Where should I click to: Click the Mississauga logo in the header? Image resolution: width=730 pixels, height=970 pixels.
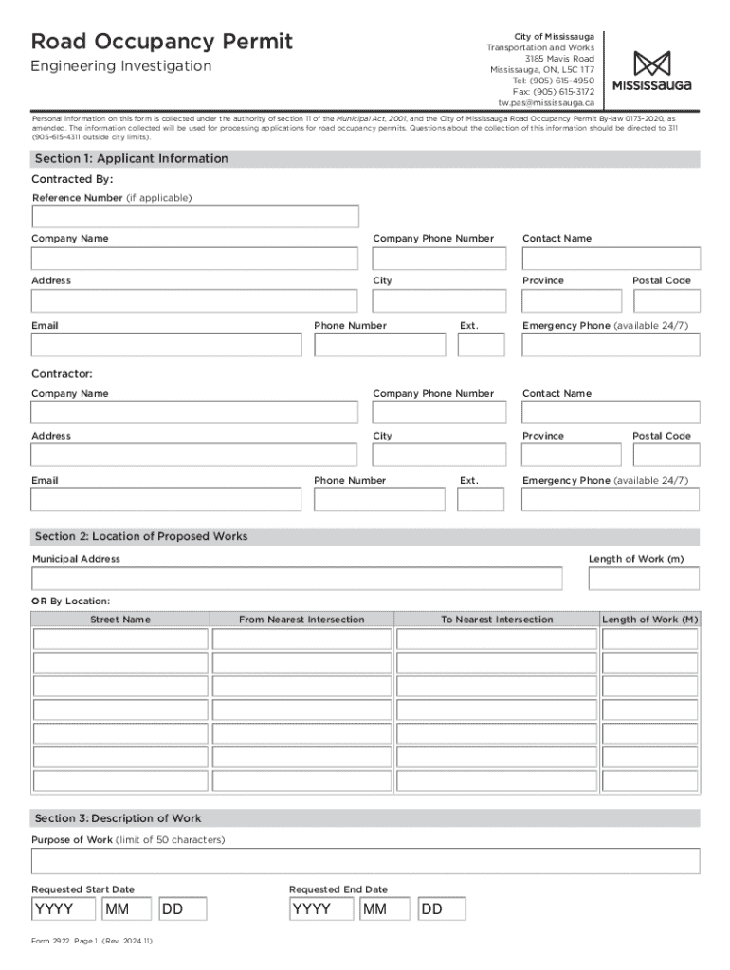(651, 71)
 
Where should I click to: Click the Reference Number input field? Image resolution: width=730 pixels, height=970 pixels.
(195, 217)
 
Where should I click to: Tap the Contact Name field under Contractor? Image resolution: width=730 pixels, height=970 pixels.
(611, 412)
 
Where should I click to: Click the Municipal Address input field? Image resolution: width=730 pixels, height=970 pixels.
(297, 579)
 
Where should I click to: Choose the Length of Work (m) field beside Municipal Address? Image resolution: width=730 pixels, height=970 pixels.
(643, 579)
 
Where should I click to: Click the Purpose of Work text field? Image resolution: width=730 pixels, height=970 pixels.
(365, 861)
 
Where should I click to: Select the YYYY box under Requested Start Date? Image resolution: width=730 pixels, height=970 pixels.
(64, 910)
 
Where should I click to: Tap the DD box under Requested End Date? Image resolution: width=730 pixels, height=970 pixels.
(442, 910)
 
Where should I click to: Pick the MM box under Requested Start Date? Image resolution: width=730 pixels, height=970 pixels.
(127, 910)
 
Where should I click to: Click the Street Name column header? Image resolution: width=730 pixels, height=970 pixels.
(120, 620)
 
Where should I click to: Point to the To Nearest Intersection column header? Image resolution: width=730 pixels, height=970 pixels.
(497, 620)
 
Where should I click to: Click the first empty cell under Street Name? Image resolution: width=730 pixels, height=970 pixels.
(120, 639)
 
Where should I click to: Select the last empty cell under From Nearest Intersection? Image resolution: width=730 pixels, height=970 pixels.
(301, 781)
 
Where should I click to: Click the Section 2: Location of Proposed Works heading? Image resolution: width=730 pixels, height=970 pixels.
(141, 537)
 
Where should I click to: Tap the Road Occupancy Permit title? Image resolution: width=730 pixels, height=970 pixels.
(162, 42)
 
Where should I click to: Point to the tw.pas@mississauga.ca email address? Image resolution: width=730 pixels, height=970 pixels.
(546, 102)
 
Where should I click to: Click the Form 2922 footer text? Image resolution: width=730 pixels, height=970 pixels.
(92, 942)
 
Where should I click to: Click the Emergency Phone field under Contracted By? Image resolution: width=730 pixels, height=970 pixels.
(611, 345)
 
